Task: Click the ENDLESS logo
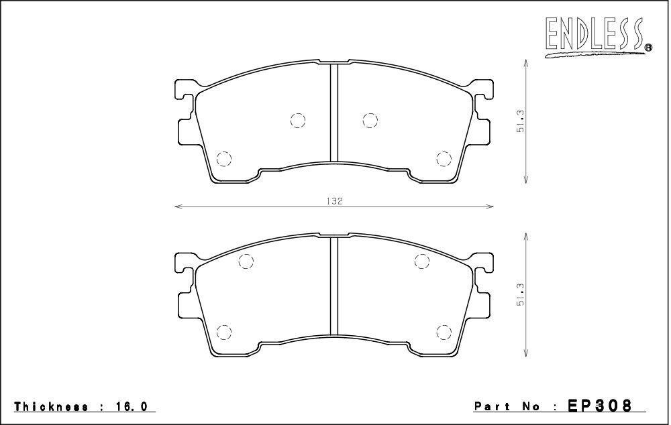click(598, 36)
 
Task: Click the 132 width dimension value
click(337, 201)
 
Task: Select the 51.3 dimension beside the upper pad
click(521, 121)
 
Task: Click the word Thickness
click(52, 406)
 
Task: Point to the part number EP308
click(599, 405)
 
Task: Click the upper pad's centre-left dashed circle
click(298, 120)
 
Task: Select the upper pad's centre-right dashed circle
click(370, 120)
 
